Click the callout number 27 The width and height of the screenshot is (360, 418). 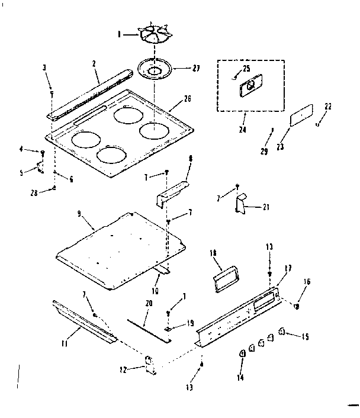tap(180, 68)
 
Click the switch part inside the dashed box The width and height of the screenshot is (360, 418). tap(249, 88)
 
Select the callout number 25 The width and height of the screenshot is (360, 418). tap(246, 69)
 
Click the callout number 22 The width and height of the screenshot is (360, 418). tap(329, 107)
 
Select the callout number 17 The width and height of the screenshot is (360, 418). tap(289, 268)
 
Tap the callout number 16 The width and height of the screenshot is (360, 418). tap(307, 282)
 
